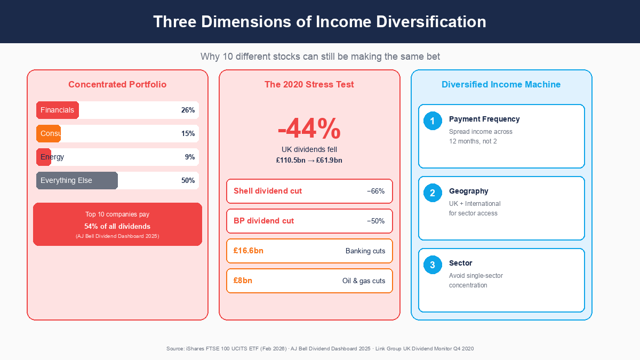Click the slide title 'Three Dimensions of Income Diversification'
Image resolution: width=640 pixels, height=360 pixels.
[319, 22]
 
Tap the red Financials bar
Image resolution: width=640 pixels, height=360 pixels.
[58, 110]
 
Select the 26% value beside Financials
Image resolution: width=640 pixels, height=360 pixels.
[188, 110]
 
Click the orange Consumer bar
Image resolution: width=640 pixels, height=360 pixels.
[49, 133]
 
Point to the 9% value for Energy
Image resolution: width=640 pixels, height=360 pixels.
[190, 157]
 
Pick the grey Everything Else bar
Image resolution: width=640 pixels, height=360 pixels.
[77, 180]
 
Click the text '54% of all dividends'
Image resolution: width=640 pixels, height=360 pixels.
[117, 226]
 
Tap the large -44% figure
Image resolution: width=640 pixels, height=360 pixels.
[309, 129]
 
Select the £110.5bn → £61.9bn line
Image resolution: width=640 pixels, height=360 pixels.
[309, 160]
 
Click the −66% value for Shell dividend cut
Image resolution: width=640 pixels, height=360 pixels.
[375, 191]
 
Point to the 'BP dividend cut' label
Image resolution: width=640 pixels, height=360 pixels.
[263, 221]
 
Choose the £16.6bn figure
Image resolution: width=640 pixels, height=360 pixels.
[249, 251]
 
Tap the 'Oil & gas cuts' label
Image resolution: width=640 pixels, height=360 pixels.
[364, 281]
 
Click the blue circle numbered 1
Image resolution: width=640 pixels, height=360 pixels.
[433, 121]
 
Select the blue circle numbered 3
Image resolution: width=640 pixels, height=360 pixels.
[433, 265]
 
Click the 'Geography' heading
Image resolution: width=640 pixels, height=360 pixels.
[468, 191]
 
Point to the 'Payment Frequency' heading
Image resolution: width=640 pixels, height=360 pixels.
[484, 119]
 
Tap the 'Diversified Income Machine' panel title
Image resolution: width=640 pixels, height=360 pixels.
[501, 84]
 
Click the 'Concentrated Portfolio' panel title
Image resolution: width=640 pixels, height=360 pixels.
[117, 84]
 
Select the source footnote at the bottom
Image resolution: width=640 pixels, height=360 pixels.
[319, 348]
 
